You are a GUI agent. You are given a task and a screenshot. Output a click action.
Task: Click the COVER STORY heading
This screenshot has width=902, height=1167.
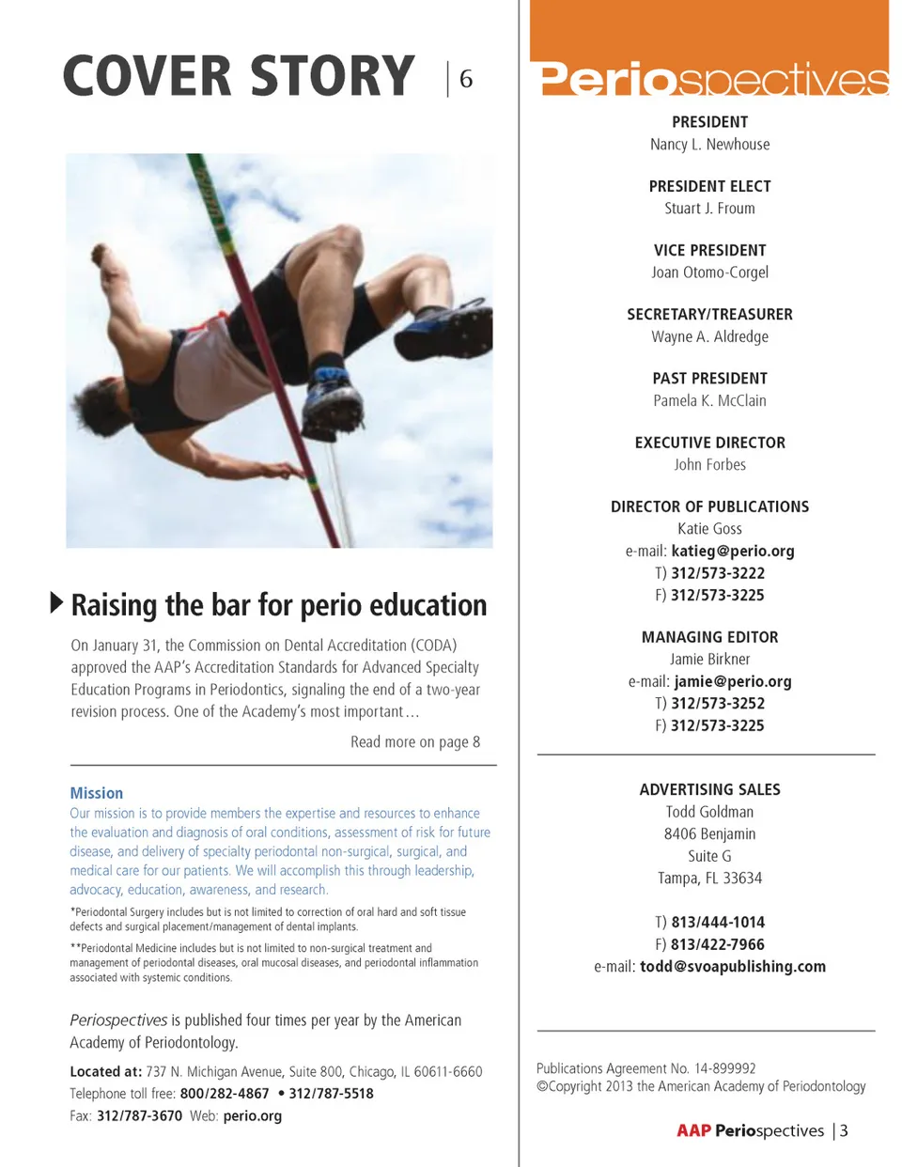coord(239,77)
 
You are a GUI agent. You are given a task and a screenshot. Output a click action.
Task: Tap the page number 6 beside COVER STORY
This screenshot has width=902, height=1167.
coord(466,79)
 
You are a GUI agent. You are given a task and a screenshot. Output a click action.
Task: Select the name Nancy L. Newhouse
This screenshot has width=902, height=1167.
coord(709,145)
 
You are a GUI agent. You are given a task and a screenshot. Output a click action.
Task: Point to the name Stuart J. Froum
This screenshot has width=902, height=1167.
coord(709,209)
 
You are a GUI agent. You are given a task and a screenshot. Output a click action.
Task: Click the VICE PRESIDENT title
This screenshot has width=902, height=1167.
coord(709,250)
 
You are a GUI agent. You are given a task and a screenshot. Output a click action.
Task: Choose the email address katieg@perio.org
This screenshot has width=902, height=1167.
coord(733,552)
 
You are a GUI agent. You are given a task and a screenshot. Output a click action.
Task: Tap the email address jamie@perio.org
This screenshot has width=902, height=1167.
coord(733,681)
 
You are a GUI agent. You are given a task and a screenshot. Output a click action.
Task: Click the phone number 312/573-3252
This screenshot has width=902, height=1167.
coord(718,704)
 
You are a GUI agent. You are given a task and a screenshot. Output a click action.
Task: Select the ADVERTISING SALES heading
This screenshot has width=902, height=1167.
coord(709,790)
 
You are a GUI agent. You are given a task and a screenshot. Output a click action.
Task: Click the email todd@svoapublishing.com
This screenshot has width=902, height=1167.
coord(733,967)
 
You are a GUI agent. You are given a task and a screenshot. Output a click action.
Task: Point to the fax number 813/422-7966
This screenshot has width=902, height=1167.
coord(718,944)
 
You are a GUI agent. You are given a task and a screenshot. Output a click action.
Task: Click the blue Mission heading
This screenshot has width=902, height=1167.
coord(97,793)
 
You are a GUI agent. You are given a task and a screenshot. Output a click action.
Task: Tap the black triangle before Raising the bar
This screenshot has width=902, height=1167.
coord(56,602)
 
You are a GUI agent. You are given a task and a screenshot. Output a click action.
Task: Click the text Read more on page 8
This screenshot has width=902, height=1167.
coord(415,742)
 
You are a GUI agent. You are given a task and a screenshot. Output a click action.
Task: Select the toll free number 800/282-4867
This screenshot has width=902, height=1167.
coord(225,1094)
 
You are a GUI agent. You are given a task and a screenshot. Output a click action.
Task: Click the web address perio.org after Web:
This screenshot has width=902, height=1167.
coord(253,1116)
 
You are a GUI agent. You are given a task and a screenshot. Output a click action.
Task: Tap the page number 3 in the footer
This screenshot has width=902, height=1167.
coord(844,1130)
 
